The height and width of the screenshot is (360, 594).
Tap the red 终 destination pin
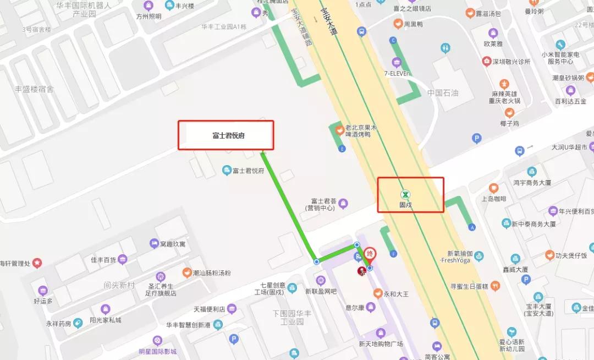click(371, 254)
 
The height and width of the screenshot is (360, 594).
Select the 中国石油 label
click(443, 92)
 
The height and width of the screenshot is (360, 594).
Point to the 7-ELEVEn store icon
click(396, 61)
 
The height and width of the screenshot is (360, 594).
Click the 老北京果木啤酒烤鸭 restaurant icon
click(340, 130)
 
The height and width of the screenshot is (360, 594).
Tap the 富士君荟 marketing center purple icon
click(344, 204)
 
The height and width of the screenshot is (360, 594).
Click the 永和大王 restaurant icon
click(377, 293)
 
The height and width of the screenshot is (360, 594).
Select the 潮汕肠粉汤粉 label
click(211, 273)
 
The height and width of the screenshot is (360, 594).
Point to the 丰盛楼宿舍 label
click(34, 89)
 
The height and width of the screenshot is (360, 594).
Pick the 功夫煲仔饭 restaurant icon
click(549, 255)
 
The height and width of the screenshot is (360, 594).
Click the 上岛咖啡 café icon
click(493, 188)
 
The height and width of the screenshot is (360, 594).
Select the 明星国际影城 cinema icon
click(157, 340)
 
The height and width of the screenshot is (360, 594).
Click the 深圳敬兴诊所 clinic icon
click(486, 61)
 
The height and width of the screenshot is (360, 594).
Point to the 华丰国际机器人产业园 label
click(84, 9)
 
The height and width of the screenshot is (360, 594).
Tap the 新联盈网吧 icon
click(321, 281)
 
